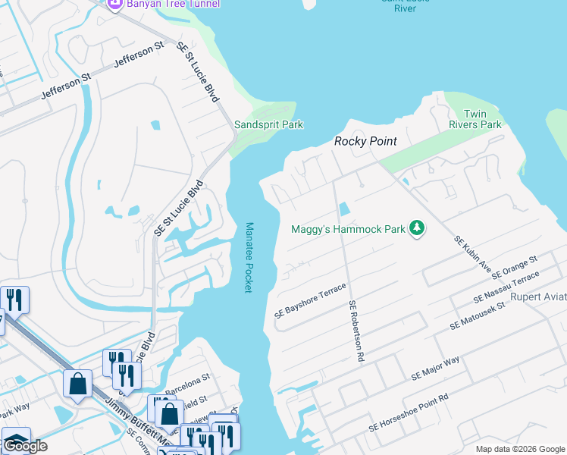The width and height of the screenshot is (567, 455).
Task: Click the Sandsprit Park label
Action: point(268,124)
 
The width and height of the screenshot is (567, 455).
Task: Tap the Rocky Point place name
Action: point(366,141)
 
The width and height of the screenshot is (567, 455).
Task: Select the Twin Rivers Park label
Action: point(482,119)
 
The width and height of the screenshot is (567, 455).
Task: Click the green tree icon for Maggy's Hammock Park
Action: point(415,228)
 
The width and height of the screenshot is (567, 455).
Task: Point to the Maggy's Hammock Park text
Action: point(347,228)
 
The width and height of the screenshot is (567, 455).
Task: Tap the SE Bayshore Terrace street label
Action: point(310,301)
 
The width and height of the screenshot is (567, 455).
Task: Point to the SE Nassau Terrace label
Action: point(506,289)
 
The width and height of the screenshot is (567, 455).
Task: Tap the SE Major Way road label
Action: point(435,368)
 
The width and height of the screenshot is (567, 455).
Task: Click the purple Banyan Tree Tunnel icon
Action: point(114,4)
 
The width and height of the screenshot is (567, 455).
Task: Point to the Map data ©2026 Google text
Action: point(520,448)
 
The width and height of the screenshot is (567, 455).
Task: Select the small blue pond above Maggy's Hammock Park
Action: point(344,209)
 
